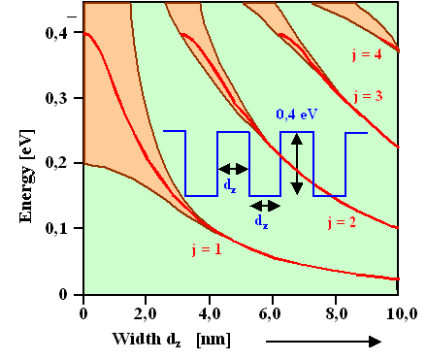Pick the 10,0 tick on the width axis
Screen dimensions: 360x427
tap(400, 312)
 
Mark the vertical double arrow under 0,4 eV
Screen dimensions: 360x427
tap(297, 162)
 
